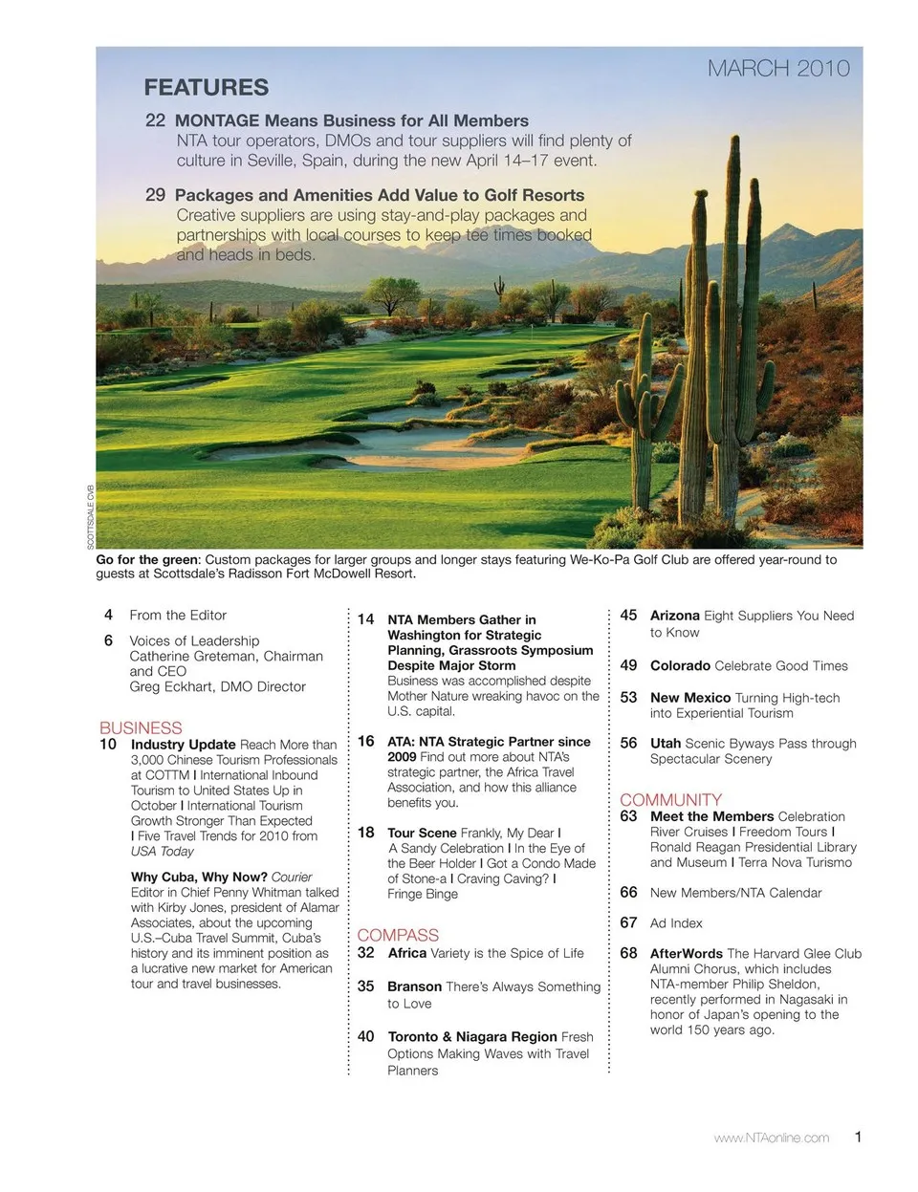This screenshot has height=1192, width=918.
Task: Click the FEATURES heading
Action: click(206, 88)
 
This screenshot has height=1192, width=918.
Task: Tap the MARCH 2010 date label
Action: click(778, 68)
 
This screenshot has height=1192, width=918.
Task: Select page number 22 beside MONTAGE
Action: click(155, 120)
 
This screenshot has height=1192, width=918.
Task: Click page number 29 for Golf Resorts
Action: click(155, 195)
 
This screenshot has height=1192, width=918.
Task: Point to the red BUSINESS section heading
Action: click(141, 728)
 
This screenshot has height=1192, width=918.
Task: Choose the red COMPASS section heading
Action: click(398, 936)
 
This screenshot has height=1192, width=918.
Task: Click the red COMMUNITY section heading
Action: click(670, 800)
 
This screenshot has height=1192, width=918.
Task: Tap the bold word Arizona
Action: click(674, 616)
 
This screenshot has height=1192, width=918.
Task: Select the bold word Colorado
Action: click(680, 666)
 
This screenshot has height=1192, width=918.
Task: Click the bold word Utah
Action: click(666, 744)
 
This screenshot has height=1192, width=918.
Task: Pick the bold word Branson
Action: click(414, 986)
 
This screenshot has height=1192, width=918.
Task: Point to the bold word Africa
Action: click(406, 953)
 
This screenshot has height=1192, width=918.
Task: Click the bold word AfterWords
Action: click(686, 954)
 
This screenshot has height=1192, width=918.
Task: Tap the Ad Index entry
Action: click(676, 923)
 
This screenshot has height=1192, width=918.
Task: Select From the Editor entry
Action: click(178, 616)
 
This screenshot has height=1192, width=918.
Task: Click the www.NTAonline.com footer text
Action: click(772, 1138)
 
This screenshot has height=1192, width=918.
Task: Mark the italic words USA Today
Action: click(162, 852)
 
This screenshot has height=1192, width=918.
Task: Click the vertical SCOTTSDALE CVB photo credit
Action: click(91, 515)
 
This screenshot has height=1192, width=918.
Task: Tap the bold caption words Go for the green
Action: click(147, 560)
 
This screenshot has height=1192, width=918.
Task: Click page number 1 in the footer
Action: click(858, 1137)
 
